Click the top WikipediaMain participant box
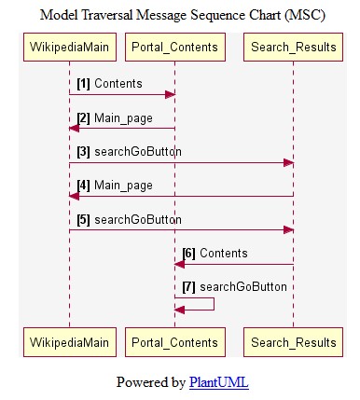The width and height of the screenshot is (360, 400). pos(69,48)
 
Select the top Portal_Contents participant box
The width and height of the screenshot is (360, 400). pos(174,48)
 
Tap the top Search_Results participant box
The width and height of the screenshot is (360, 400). pos(294,48)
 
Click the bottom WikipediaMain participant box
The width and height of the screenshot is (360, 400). pos(69,342)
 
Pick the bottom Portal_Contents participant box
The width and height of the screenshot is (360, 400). pos(174,342)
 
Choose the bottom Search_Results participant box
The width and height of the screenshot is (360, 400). pos(294,342)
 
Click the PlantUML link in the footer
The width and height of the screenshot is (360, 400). pos(218,382)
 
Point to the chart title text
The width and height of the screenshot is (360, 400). pos(180,14)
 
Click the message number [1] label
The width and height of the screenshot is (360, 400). pos(83,84)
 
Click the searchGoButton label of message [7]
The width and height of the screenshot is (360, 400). pos(242,287)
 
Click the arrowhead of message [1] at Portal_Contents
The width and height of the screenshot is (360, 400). pos(170,94)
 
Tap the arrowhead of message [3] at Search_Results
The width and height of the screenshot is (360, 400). pos(289,162)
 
